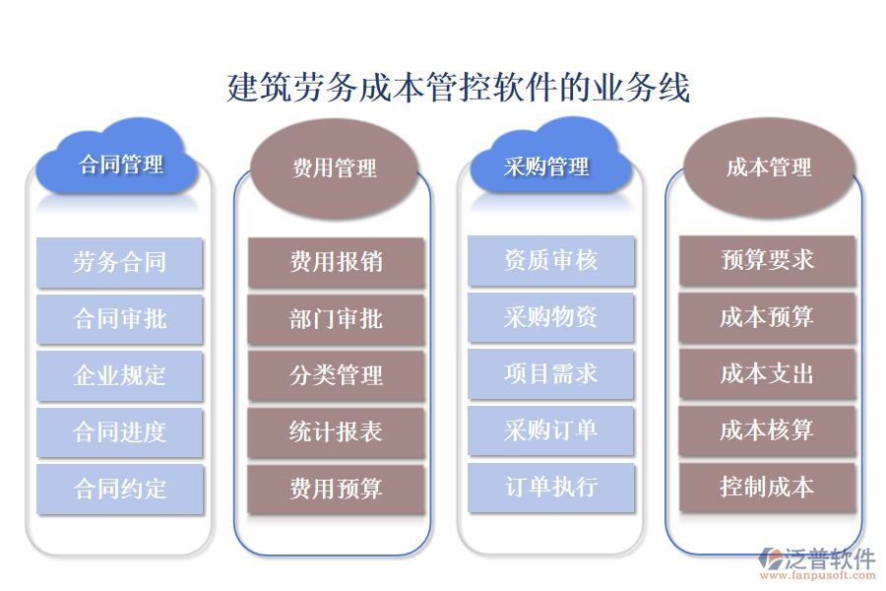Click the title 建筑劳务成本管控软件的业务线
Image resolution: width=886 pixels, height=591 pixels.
(x=458, y=87)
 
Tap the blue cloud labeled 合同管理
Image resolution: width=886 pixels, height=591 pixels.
(x=120, y=164)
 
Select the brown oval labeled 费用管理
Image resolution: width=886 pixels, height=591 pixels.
(x=335, y=168)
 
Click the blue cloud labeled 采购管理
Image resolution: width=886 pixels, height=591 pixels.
(x=547, y=164)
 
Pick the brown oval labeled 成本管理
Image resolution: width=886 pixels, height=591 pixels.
(x=769, y=167)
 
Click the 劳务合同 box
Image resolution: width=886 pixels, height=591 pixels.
(x=119, y=262)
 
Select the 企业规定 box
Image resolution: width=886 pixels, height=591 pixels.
(x=119, y=375)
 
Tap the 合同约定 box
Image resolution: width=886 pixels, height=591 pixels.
(x=119, y=489)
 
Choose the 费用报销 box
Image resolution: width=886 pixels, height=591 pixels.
(x=336, y=262)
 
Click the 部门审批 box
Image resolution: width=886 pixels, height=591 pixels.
(x=336, y=319)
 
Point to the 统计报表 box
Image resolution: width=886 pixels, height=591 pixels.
(x=336, y=431)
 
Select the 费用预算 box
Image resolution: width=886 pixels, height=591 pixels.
(x=336, y=489)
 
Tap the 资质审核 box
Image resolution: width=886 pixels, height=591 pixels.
(x=550, y=260)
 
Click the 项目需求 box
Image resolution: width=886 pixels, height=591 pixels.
(x=550, y=373)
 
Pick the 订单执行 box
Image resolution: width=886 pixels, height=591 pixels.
(x=550, y=487)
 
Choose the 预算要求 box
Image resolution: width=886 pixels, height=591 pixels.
(x=767, y=260)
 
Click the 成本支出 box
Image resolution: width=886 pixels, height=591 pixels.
(x=767, y=373)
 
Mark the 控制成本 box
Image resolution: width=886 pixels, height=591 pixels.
(x=767, y=487)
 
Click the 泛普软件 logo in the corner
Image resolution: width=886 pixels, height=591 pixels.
(x=818, y=562)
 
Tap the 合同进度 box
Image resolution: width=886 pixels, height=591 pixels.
(x=119, y=431)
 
